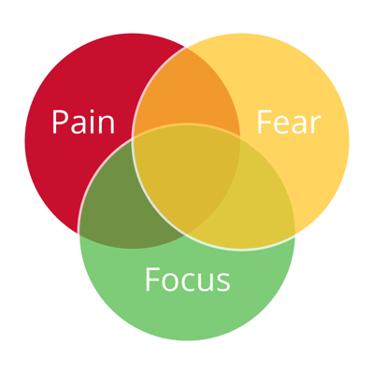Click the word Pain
click(83, 122)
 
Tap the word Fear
click(289, 122)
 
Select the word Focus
click(187, 280)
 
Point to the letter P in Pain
click(60, 122)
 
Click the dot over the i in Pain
click(92, 111)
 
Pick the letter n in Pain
click(107, 125)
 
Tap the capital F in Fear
click(265, 122)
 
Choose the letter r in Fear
click(316, 125)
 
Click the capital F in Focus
click(152, 280)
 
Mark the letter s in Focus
click(223, 282)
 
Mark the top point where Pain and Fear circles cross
click(186, 48)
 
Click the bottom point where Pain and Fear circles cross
click(186, 234)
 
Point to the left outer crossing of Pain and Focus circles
click(78, 233)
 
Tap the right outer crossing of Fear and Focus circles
click(295, 234)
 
